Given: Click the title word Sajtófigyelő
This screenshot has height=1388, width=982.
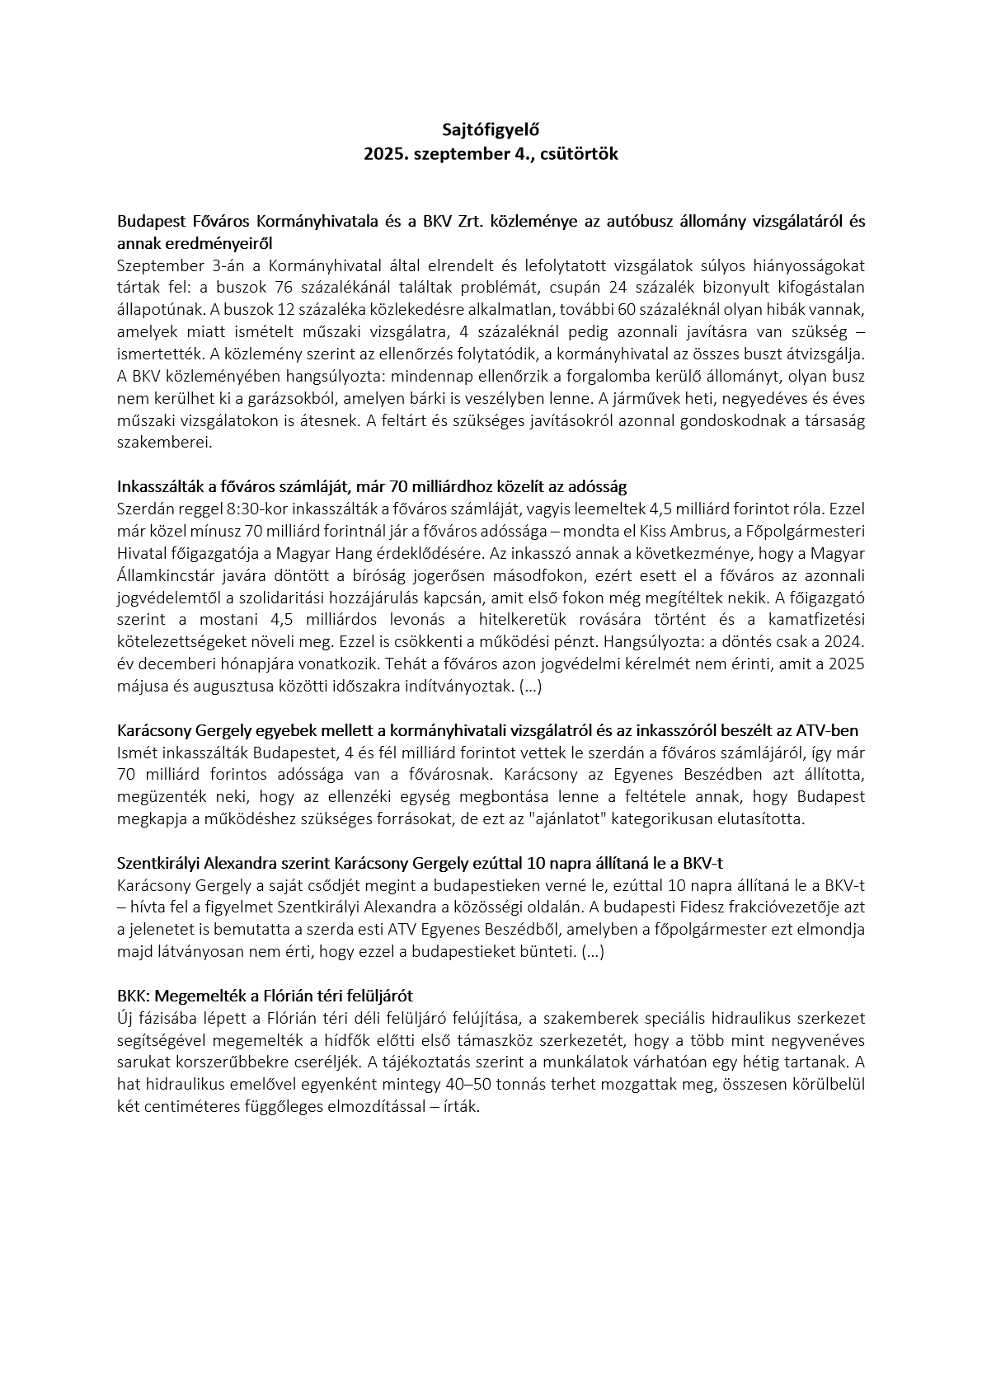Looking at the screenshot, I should point(491,129).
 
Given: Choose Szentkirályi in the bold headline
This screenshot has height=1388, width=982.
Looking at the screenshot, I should point(159,864).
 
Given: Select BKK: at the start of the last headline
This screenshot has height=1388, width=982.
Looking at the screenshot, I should point(134,996).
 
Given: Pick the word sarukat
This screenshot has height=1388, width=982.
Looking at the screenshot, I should point(142,1062).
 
